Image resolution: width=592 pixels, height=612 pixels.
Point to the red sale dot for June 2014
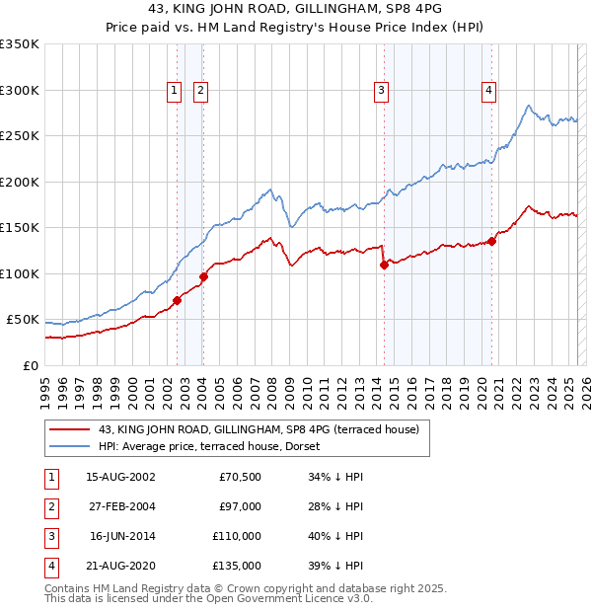pyautogui.click(x=384, y=265)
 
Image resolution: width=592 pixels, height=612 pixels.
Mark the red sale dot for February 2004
pyautogui.click(x=203, y=276)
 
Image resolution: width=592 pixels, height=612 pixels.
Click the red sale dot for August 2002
pyautogui.click(x=178, y=300)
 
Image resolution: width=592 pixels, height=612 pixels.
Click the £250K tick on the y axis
pyautogui.click(x=20, y=136)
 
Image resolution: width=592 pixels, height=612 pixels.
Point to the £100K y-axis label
pyautogui.click(x=20, y=273)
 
